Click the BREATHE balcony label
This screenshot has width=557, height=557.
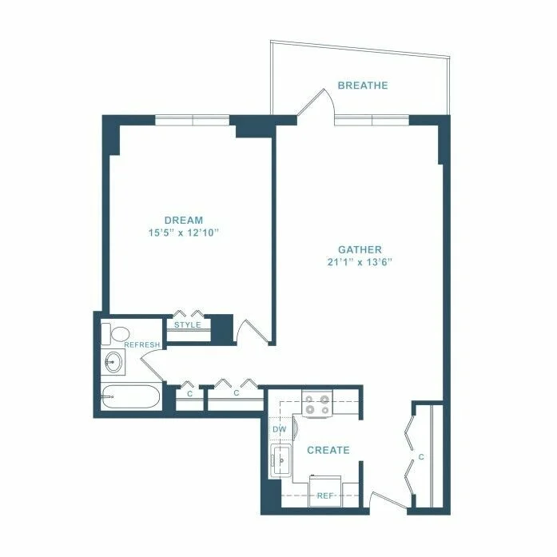click(x=362, y=86)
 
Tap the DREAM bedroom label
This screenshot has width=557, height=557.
click(x=184, y=220)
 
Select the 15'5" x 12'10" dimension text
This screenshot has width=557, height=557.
click(x=184, y=233)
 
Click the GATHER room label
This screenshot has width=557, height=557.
click(x=360, y=249)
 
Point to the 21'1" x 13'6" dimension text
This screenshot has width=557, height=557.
click(x=360, y=261)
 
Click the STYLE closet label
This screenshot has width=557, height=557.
click(x=188, y=324)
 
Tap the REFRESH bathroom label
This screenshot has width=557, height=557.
click(x=142, y=344)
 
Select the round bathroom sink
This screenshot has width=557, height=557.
click(x=114, y=362)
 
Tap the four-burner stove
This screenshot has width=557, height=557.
click(x=317, y=404)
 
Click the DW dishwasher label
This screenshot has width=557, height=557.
click(x=279, y=430)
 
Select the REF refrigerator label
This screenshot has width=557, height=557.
click(x=324, y=495)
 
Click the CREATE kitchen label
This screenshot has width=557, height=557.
click(x=328, y=451)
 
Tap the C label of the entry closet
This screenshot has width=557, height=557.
click(x=420, y=458)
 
